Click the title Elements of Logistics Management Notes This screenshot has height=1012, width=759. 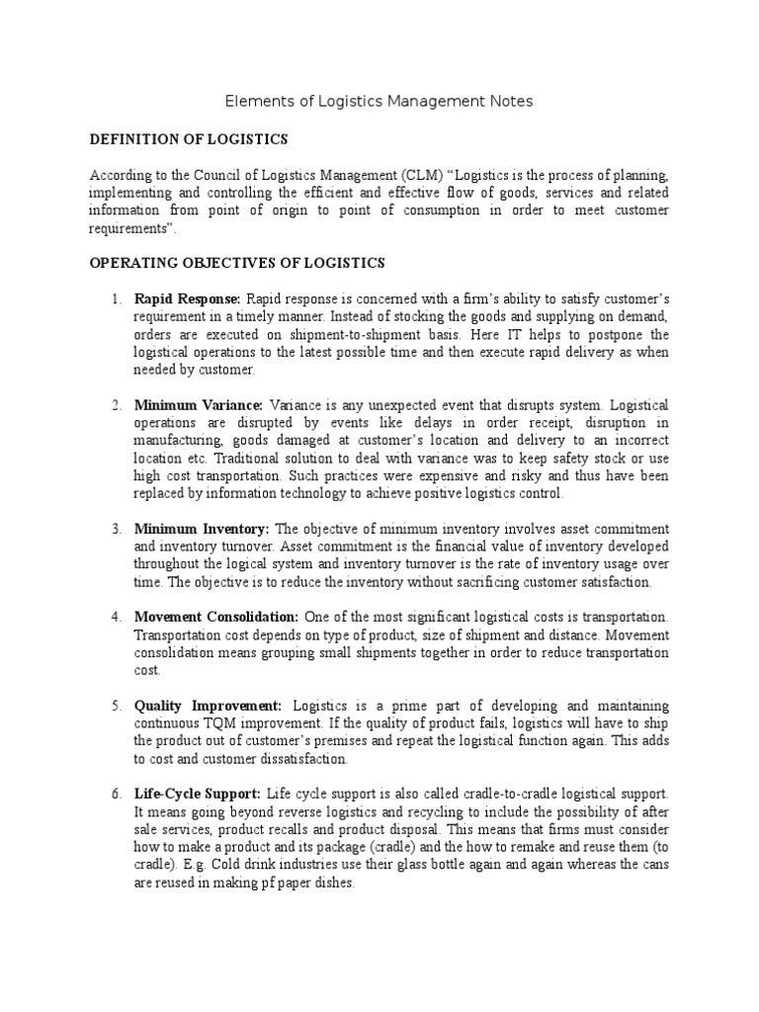click(379, 101)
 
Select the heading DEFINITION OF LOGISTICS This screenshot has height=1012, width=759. click(188, 139)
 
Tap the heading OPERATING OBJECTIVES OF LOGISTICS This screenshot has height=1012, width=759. click(237, 263)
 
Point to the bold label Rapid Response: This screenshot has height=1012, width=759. click(188, 298)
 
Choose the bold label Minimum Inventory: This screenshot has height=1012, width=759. click(203, 529)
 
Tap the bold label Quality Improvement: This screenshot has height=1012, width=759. click(209, 706)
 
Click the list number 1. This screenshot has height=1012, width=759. click(116, 298)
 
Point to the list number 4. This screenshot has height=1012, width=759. click(116, 617)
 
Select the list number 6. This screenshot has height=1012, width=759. click(116, 794)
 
